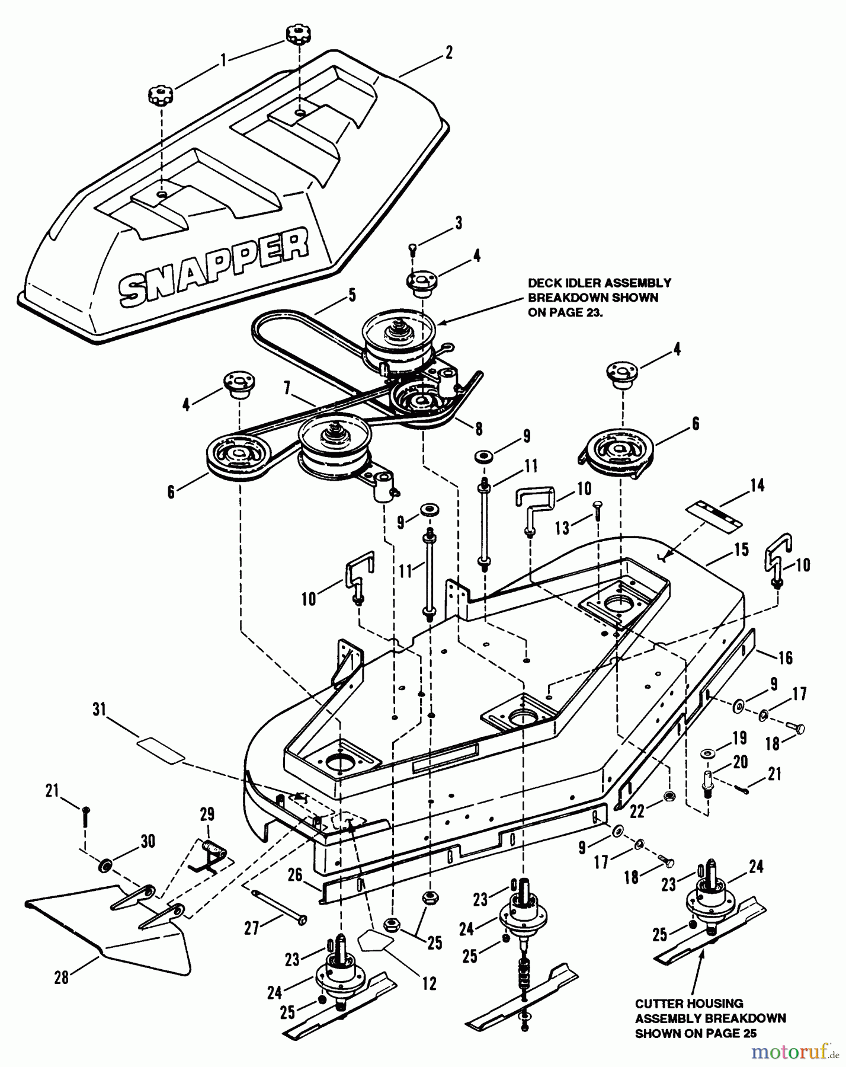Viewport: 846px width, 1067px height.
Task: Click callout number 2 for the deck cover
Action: click(x=448, y=52)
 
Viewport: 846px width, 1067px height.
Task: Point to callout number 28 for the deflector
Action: click(x=62, y=977)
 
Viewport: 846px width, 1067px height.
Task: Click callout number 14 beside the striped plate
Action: click(x=757, y=485)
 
